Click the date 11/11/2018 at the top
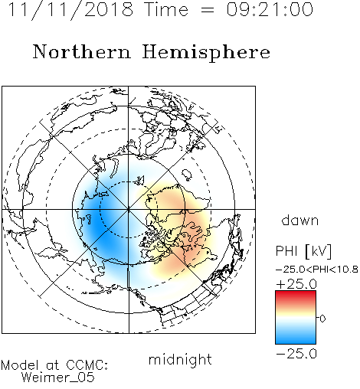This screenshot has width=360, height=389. (x=70, y=10)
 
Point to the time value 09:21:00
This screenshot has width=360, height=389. (x=270, y=10)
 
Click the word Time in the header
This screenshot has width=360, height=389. (x=166, y=10)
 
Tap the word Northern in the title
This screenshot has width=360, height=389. (x=82, y=51)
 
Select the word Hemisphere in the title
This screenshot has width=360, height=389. (x=206, y=53)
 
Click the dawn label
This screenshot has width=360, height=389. (x=300, y=220)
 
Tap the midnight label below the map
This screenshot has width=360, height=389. (x=180, y=359)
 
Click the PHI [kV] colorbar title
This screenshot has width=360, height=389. (x=304, y=251)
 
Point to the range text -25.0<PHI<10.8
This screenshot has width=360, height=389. (x=317, y=270)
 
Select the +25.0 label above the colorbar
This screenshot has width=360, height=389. (x=296, y=284)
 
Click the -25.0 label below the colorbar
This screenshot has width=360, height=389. (x=296, y=354)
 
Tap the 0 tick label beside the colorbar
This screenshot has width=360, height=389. (x=322, y=319)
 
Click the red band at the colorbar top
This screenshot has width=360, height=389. (x=296, y=294)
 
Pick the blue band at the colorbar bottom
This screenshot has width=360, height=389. (x=296, y=339)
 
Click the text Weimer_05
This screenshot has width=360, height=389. (x=57, y=378)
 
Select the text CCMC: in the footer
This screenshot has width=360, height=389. (x=87, y=365)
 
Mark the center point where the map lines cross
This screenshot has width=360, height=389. (x=129, y=209)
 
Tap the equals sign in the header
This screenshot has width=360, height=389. (x=207, y=10)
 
